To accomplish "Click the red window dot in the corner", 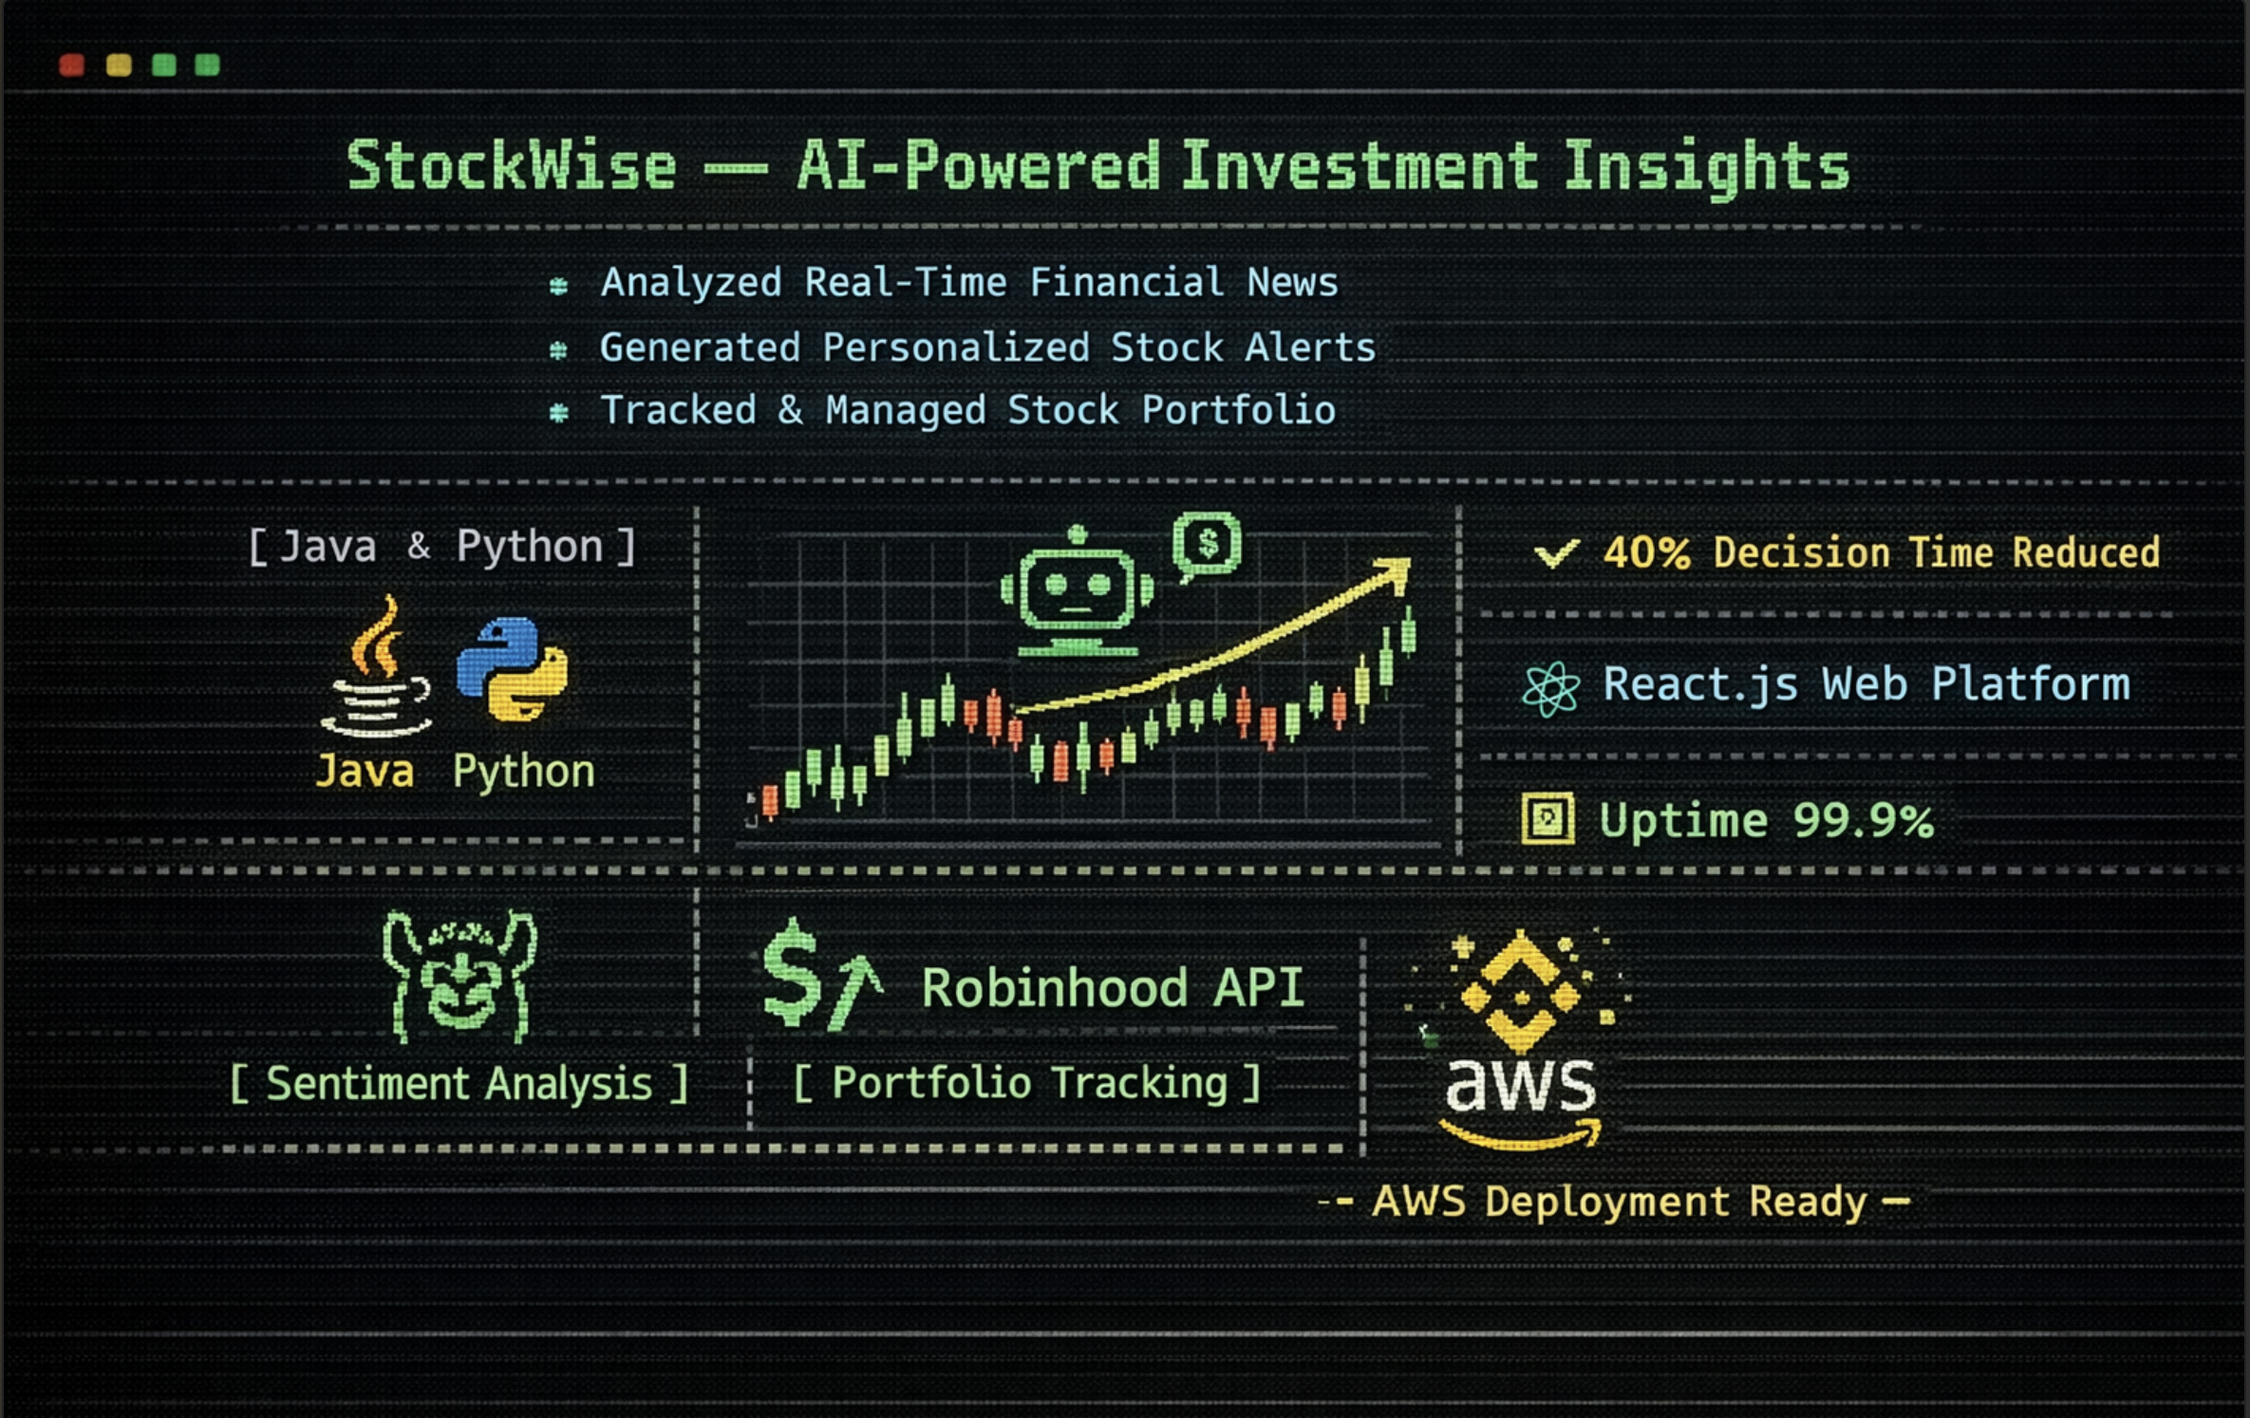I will click(x=72, y=65).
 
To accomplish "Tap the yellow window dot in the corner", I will click(x=119, y=65).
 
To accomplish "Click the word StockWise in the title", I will click(x=511, y=166).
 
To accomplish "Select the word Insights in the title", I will click(x=1706, y=166).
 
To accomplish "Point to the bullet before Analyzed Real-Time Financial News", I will click(x=558, y=286).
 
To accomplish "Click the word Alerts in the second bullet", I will click(x=1309, y=347).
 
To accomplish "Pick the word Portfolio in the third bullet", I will click(x=1238, y=410).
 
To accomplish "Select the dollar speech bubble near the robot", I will click(x=1207, y=544).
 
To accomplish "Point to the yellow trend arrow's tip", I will click(x=1401, y=568).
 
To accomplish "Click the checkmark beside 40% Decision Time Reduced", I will click(x=1556, y=552).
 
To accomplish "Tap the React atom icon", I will click(x=1550, y=687).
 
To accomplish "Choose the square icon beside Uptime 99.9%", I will click(x=1547, y=818).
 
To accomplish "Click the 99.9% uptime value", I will click(x=1863, y=820).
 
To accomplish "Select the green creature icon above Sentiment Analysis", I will click(x=460, y=978).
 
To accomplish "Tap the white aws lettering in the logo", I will click(x=1520, y=1085).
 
